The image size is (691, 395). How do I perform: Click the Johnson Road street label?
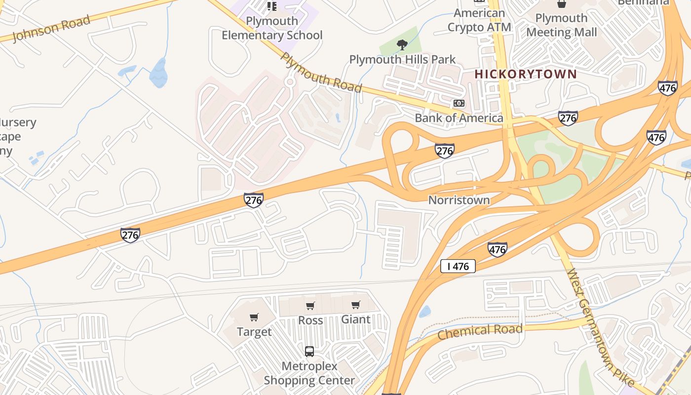51,29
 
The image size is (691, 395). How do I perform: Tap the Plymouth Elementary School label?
272,28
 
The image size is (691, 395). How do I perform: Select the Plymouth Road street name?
321,72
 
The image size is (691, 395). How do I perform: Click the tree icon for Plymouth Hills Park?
402,45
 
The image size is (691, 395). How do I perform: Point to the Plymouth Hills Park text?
402,60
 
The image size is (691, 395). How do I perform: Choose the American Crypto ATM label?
479,20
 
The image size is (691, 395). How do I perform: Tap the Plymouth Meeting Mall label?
561,25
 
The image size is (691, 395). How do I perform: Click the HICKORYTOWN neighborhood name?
526,75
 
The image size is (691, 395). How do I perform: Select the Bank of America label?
459,118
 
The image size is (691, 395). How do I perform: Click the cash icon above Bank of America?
459,103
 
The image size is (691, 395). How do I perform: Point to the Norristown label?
459,200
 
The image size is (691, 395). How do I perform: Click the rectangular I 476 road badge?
458,267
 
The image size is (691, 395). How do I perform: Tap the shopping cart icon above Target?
254,317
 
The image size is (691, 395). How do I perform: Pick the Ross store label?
310,320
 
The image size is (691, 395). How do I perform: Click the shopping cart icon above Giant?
356,305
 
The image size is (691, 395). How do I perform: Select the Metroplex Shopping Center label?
309,373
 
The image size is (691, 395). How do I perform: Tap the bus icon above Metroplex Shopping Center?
309,352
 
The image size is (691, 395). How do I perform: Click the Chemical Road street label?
480,332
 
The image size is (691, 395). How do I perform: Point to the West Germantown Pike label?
600,328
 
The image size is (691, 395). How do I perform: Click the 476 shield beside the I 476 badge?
497,249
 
